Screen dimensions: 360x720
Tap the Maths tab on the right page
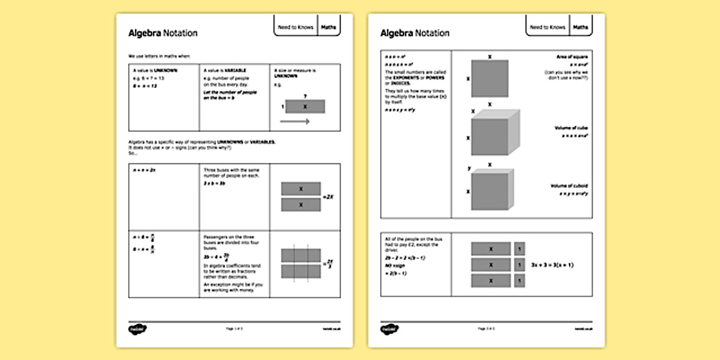[580, 27]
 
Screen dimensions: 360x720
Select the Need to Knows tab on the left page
[295, 27]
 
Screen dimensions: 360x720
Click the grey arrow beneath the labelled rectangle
[295, 121]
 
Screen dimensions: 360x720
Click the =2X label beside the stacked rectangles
[328, 197]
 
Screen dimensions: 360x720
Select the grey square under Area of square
[489, 78]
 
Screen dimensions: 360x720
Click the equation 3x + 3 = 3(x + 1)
[552, 265]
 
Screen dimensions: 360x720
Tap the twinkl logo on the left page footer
[135, 329]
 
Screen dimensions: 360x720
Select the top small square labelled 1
[519, 249]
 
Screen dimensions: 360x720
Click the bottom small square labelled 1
[519, 281]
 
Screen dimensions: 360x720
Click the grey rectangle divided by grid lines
[301, 263]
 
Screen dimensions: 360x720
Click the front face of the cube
[489, 137]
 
